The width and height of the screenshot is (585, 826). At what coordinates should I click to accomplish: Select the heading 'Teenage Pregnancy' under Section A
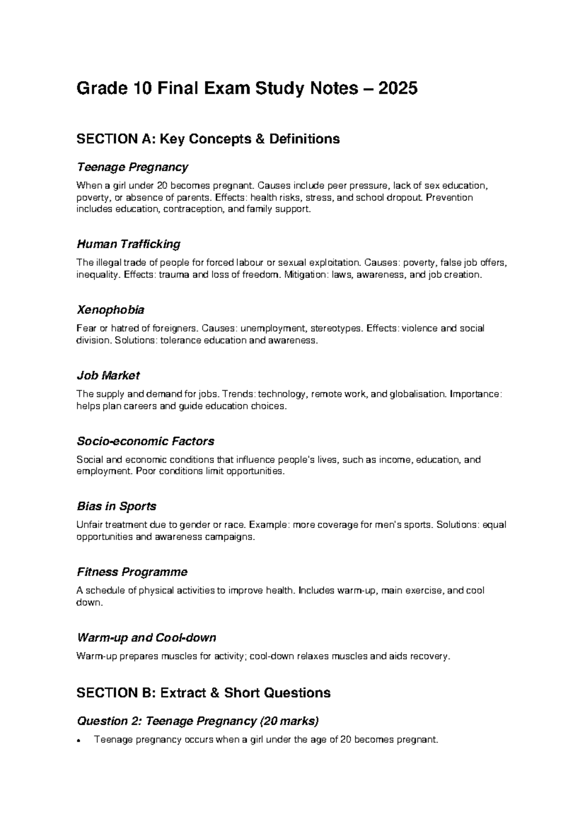[132, 168]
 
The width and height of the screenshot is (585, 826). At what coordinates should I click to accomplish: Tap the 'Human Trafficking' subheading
[129, 244]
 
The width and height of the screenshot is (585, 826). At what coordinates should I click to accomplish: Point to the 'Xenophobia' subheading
[111, 310]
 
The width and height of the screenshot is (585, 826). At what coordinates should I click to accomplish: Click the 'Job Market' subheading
[108, 376]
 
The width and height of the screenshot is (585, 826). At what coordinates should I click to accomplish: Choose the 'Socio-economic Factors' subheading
[146, 442]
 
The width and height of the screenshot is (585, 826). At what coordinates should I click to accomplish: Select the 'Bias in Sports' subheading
[117, 507]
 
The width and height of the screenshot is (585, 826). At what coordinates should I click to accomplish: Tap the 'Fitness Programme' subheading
[132, 572]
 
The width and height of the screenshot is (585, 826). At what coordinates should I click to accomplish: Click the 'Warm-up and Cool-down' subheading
[146, 638]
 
